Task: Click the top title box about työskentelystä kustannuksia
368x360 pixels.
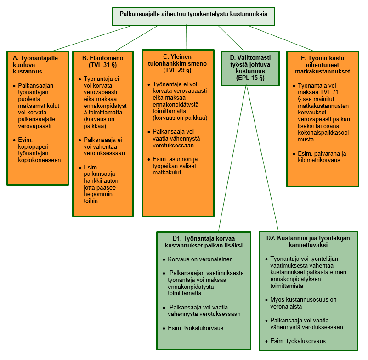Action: point(193,14)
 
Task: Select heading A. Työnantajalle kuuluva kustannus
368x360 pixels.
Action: point(35,65)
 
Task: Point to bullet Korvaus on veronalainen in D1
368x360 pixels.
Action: point(200,259)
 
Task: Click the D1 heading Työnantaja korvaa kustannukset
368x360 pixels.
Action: point(204,242)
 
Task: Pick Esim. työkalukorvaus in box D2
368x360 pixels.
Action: point(298,341)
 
